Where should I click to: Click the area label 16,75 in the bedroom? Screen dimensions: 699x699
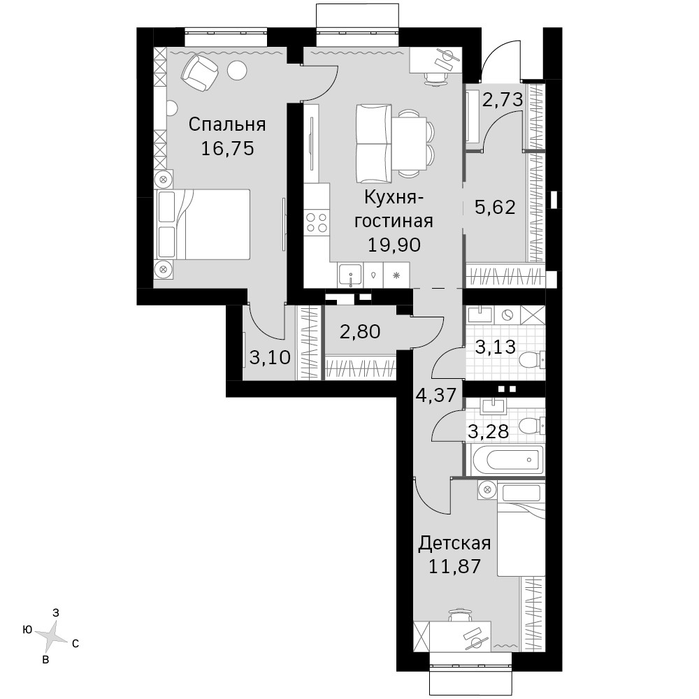click(227, 148)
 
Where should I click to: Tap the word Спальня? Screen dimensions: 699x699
click(227, 124)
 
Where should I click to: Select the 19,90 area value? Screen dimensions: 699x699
click(394, 245)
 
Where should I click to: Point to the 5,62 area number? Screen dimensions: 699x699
click(495, 207)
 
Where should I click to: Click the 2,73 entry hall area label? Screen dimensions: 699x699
click(503, 99)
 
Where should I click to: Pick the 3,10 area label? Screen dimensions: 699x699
click(270, 357)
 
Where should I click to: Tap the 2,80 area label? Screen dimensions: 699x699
click(360, 331)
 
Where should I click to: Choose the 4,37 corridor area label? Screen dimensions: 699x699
click(436, 395)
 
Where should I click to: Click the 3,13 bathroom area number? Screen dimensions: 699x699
click(496, 347)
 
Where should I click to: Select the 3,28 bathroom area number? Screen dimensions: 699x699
click(489, 431)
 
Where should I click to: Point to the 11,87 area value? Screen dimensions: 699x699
click(455, 566)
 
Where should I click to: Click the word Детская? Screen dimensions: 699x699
click(455, 543)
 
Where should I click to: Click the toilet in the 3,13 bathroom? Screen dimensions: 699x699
click(532, 360)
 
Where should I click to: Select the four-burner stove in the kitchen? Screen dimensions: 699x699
click(317, 223)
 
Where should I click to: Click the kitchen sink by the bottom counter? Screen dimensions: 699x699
click(350, 275)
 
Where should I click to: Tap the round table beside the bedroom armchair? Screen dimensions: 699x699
click(237, 71)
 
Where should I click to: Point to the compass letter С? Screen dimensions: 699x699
click(75, 644)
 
